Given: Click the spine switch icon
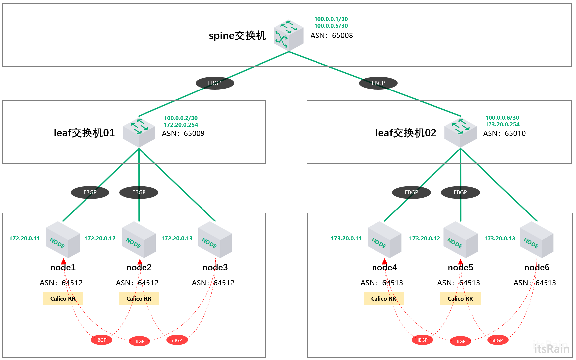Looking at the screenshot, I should tap(289, 35).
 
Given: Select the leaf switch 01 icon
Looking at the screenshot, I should tap(139, 133).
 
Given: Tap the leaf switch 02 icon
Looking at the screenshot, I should tap(460, 133).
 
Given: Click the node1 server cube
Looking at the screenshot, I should tap(63, 240).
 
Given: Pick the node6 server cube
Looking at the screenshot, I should tap(537, 240).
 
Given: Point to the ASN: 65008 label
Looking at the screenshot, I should tap(331, 35).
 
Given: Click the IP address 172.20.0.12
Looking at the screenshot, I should tap(100, 238).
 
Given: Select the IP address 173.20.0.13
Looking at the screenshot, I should tap(499, 238).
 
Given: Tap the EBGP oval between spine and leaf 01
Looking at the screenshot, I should tap(215, 83).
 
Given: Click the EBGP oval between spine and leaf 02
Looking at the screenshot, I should tap(378, 83).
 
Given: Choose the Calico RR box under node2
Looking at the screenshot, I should tap(139, 299).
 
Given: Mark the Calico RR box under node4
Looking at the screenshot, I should tap(383, 299).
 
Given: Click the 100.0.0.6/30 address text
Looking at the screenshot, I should tap(502, 118).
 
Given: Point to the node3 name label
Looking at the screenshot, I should tap(215, 267).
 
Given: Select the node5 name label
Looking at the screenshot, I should tap(460, 267).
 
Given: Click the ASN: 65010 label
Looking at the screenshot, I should tap(504, 133).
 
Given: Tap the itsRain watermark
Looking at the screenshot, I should tap(551, 349).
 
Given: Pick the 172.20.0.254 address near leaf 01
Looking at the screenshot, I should tap(181, 125).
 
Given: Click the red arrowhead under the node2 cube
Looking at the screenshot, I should tap(140, 262).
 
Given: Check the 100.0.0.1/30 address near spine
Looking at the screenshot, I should tap(331, 19).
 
